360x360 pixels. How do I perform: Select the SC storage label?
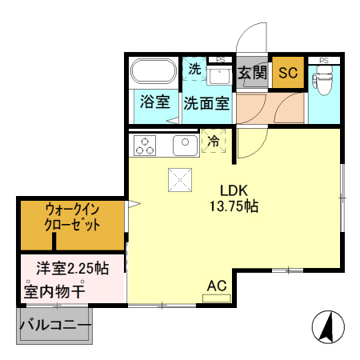point(286,73)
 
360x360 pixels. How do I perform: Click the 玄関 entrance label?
point(252,73)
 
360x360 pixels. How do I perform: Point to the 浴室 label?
point(154,102)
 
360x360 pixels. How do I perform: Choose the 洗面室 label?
point(206,103)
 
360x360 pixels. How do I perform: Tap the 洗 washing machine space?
point(194,70)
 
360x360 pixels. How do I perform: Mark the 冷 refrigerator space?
point(214,141)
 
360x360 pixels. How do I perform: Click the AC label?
point(216,286)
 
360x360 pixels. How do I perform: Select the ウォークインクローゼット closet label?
point(73,217)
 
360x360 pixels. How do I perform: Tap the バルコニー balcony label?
point(54,326)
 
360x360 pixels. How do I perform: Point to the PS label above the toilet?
point(324,60)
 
